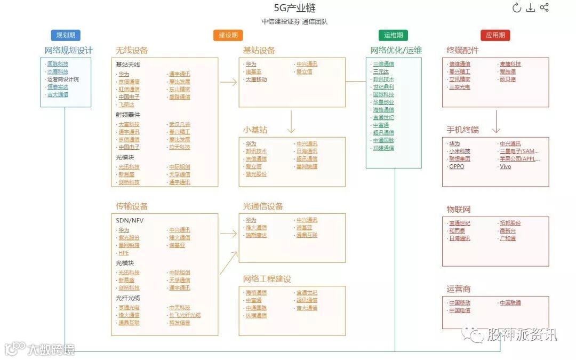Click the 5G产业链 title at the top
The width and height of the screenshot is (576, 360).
pos(294,9)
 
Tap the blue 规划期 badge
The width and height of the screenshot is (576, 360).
pos(66,35)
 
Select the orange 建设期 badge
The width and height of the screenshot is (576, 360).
pos(228,35)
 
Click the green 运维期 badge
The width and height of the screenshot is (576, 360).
pos(394,35)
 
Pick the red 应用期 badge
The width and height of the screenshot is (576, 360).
pos(495,35)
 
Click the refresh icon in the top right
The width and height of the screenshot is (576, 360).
pos(516,7)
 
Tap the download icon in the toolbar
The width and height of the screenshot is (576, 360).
pos(530,7)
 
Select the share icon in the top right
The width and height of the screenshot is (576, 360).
pos(544,7)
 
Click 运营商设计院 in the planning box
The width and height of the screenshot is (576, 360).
pos(63,79)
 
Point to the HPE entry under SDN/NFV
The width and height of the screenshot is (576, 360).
pos(124,253)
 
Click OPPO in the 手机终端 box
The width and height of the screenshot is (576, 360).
pos(457,166)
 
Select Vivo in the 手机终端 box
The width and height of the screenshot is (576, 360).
pos(505,166)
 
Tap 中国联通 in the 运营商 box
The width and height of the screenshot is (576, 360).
pos(510,303)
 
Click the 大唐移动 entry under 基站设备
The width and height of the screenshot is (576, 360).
pos(256,79)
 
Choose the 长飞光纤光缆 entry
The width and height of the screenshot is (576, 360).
pos(185,315)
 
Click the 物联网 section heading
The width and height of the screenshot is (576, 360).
pos(459,209)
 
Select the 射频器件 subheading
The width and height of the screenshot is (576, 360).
pos(128,114)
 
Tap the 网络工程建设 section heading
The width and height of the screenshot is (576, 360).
pos(267,279)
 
